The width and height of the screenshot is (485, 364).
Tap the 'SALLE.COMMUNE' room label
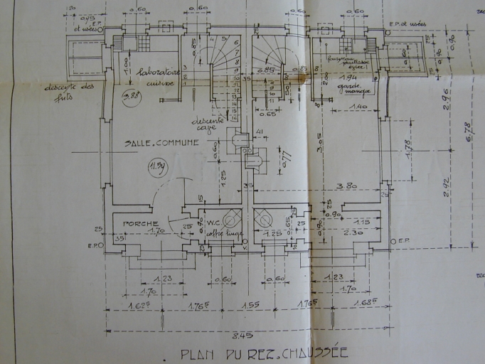[x=161, y=143]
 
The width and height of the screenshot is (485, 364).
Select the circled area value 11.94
[x=156, y=168]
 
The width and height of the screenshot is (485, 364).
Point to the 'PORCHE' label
[x=140, y=223]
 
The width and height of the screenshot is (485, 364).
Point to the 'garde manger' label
[x=348, y=89]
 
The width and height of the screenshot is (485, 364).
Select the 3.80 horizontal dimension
[x=346, y=186]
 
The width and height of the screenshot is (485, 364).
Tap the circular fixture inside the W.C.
[x=231, y=218]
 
